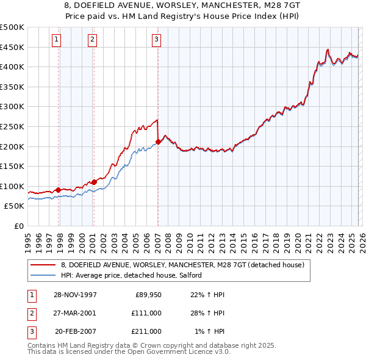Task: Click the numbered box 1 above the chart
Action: coord(56,40)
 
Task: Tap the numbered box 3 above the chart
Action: coord(156,40)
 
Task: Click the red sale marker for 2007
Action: coord(158,142)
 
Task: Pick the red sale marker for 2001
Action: coord(95,181)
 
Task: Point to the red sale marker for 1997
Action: coord(59,190)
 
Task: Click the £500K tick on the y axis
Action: coord(12,27)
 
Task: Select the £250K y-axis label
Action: coord(12,126)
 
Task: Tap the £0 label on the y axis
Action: coord(19,226)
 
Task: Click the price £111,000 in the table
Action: coord(146,313)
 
